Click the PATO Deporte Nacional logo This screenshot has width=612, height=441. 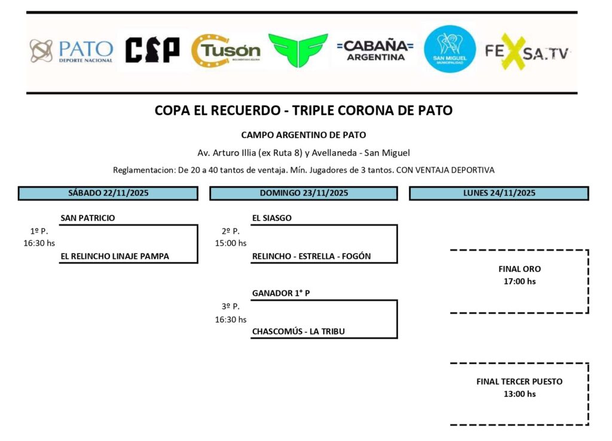[71, 51]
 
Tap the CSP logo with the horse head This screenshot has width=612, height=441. [152, 50]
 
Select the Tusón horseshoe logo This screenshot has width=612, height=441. [225, 51]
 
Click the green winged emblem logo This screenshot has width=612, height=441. [298, 50]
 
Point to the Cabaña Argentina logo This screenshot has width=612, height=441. [375, 50]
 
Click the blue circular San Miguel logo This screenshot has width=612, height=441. [449, 49]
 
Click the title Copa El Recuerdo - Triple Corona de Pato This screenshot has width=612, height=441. [304, 111]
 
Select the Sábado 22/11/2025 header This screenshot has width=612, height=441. [108, 193]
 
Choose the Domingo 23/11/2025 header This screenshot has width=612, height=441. [303, 193]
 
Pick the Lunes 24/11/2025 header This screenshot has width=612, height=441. [499, 193]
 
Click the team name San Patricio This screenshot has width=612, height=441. [88, 218]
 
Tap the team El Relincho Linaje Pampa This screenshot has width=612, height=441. [115, 256]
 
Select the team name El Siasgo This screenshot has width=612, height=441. [272, 218]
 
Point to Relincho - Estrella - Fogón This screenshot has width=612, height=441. [311, 256]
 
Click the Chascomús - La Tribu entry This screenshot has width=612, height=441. [298, 332]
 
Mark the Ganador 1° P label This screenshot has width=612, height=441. [281, 293]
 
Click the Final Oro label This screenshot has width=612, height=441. [519, 269]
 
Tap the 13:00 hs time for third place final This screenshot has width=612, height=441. [519, 394]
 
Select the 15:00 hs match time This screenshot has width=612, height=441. [231, 243]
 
